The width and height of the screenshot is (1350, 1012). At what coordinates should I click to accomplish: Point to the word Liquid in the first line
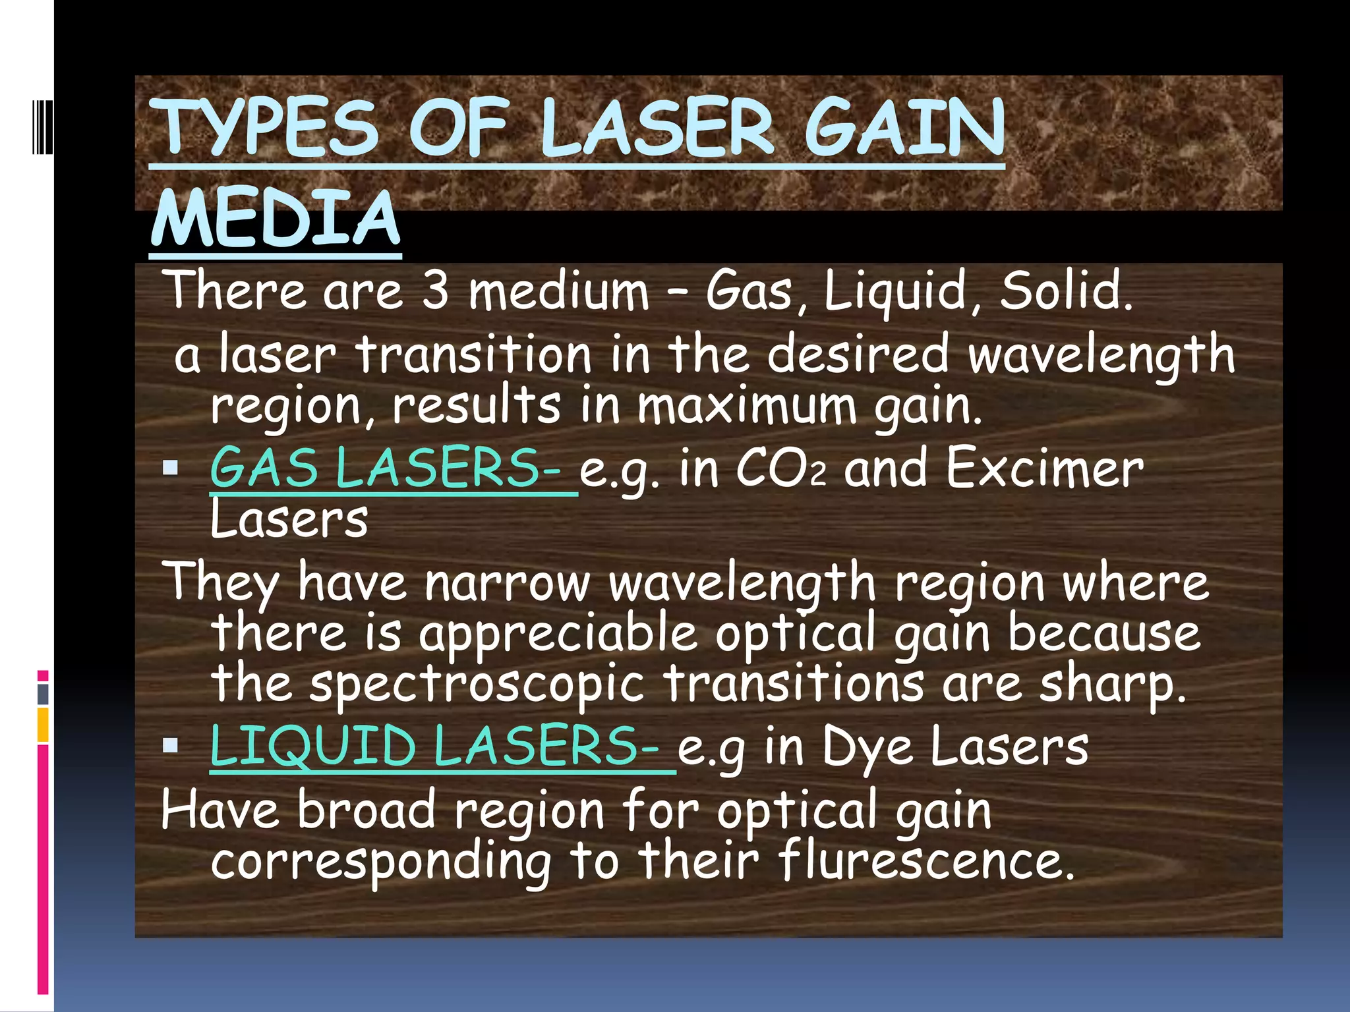(895, 291)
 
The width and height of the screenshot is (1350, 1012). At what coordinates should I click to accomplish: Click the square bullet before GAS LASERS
(171, 468)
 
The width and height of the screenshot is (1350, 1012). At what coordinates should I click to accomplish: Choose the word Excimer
(1045, 468)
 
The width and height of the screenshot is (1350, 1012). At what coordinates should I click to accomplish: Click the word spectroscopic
(476, 685)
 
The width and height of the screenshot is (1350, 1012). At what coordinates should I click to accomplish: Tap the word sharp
(1111, 685)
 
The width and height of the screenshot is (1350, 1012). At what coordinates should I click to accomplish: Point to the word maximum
(746, 406)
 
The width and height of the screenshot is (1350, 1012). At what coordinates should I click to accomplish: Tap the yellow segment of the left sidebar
(43, 724)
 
